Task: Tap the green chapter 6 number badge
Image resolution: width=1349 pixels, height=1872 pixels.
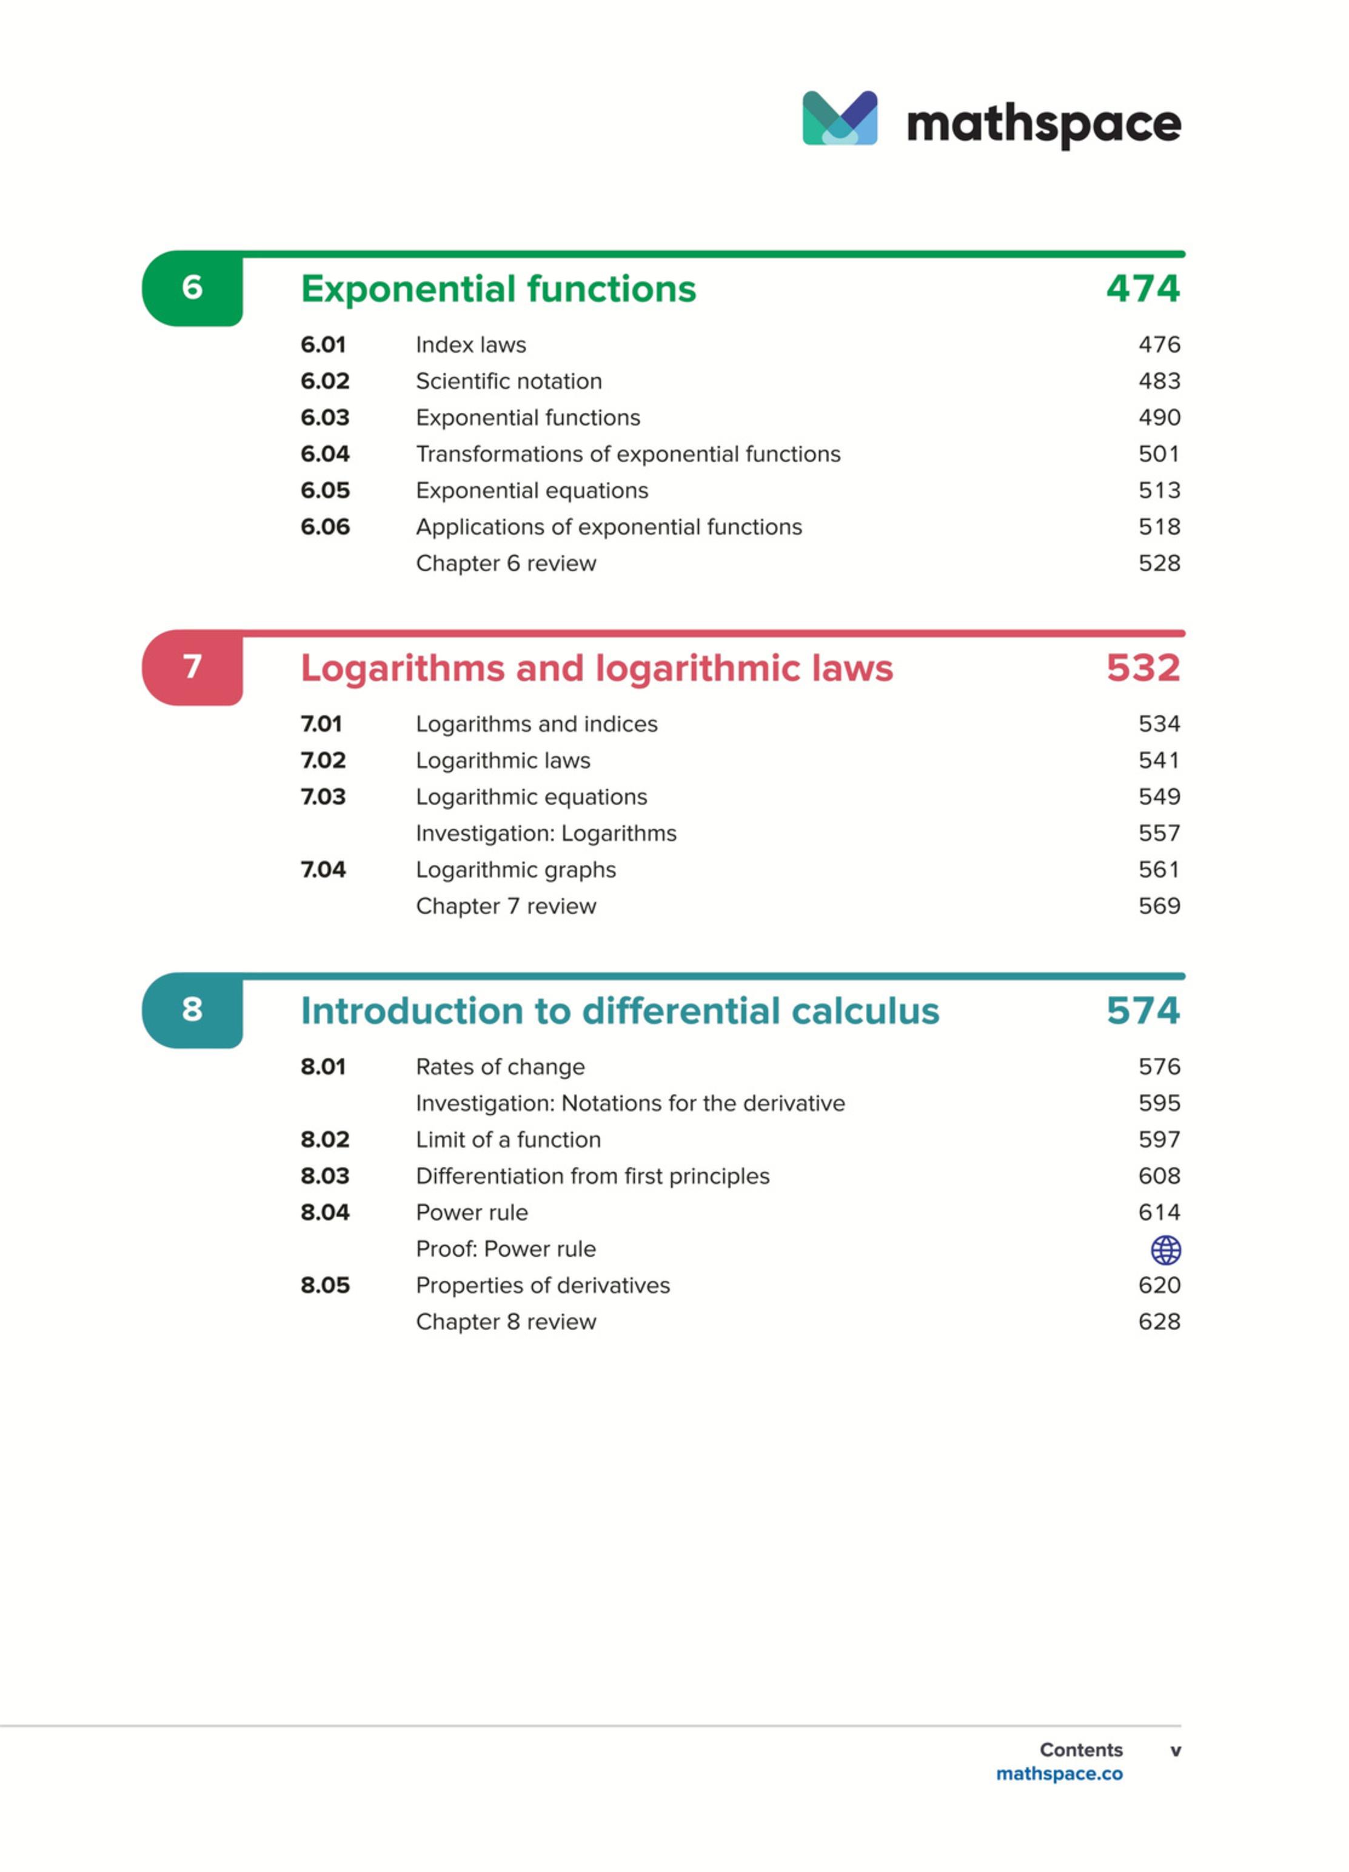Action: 192,288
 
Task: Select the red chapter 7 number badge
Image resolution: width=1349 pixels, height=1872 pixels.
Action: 192,667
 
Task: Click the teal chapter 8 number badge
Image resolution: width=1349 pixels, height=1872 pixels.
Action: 192,1009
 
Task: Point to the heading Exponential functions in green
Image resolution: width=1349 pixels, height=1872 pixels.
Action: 498,289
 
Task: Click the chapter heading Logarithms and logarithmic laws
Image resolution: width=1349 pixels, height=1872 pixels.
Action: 596,667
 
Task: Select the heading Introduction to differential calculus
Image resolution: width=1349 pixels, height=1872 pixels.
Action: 619,1011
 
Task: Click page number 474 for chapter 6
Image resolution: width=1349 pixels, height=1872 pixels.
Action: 1143,289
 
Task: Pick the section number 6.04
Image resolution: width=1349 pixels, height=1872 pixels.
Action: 324,454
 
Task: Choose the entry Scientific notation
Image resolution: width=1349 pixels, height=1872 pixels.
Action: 509,381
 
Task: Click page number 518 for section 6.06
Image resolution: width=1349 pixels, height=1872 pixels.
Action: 1158,527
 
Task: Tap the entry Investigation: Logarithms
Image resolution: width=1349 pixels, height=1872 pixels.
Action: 546,834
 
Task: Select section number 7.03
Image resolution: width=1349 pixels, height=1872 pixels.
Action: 323,797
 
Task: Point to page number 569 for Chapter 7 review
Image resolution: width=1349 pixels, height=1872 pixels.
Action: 1158,906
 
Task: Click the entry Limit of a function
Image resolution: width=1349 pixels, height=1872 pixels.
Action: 507,1140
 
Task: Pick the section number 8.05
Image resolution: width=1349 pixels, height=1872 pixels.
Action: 324,1285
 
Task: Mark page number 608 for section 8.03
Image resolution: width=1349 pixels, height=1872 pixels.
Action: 1158,1176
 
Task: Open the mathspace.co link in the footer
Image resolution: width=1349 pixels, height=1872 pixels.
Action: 1059,1774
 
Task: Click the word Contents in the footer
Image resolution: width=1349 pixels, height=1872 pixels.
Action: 1080,1750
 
